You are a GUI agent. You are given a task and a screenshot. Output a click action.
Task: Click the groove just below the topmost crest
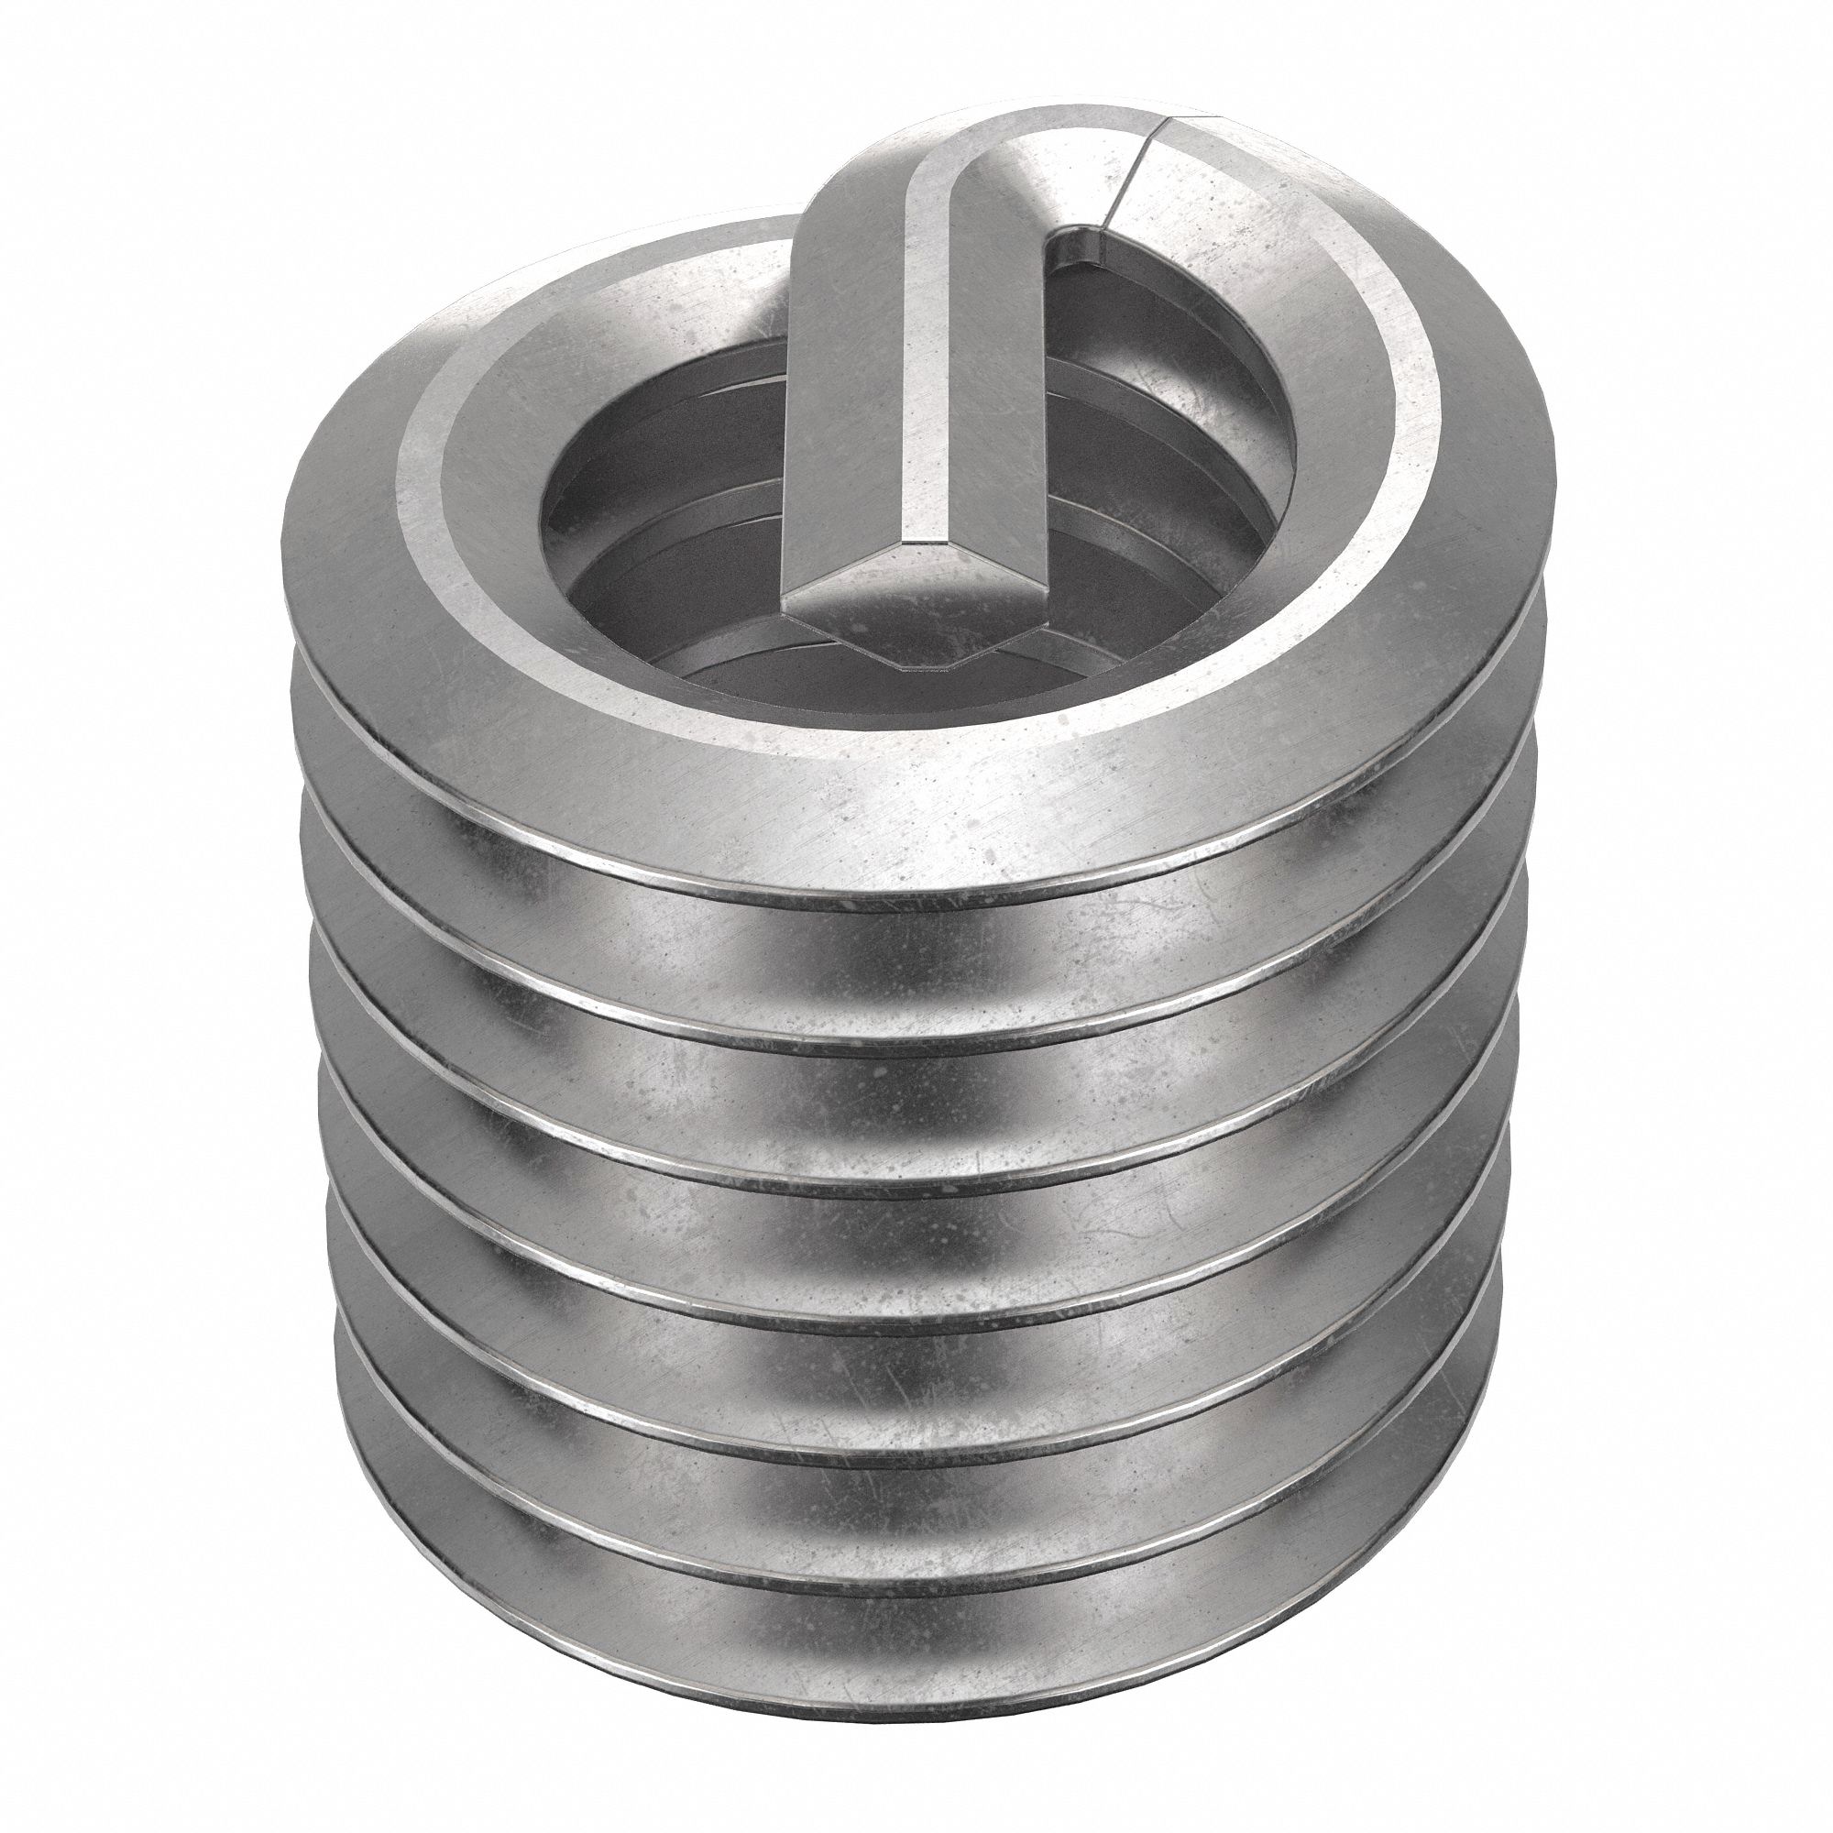[911, 959]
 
